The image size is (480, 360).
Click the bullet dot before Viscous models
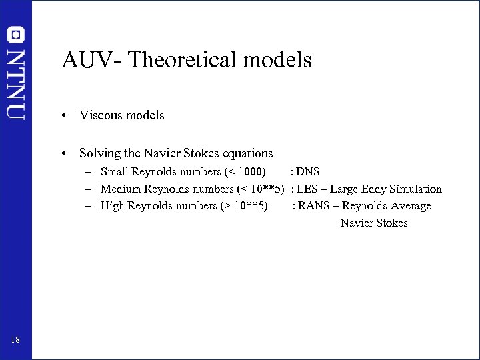[x=62, y=116]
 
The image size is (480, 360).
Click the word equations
[x=244, y=153]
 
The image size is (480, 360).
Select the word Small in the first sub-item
[x=115, y=172]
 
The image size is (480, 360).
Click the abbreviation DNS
[x=308, y=172]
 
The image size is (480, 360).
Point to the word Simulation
[x=416, y=189]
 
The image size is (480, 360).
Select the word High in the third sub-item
[x=113, y=205]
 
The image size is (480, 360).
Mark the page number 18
[x=15, y=341]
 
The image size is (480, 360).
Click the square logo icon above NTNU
[x=15, y=34]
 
